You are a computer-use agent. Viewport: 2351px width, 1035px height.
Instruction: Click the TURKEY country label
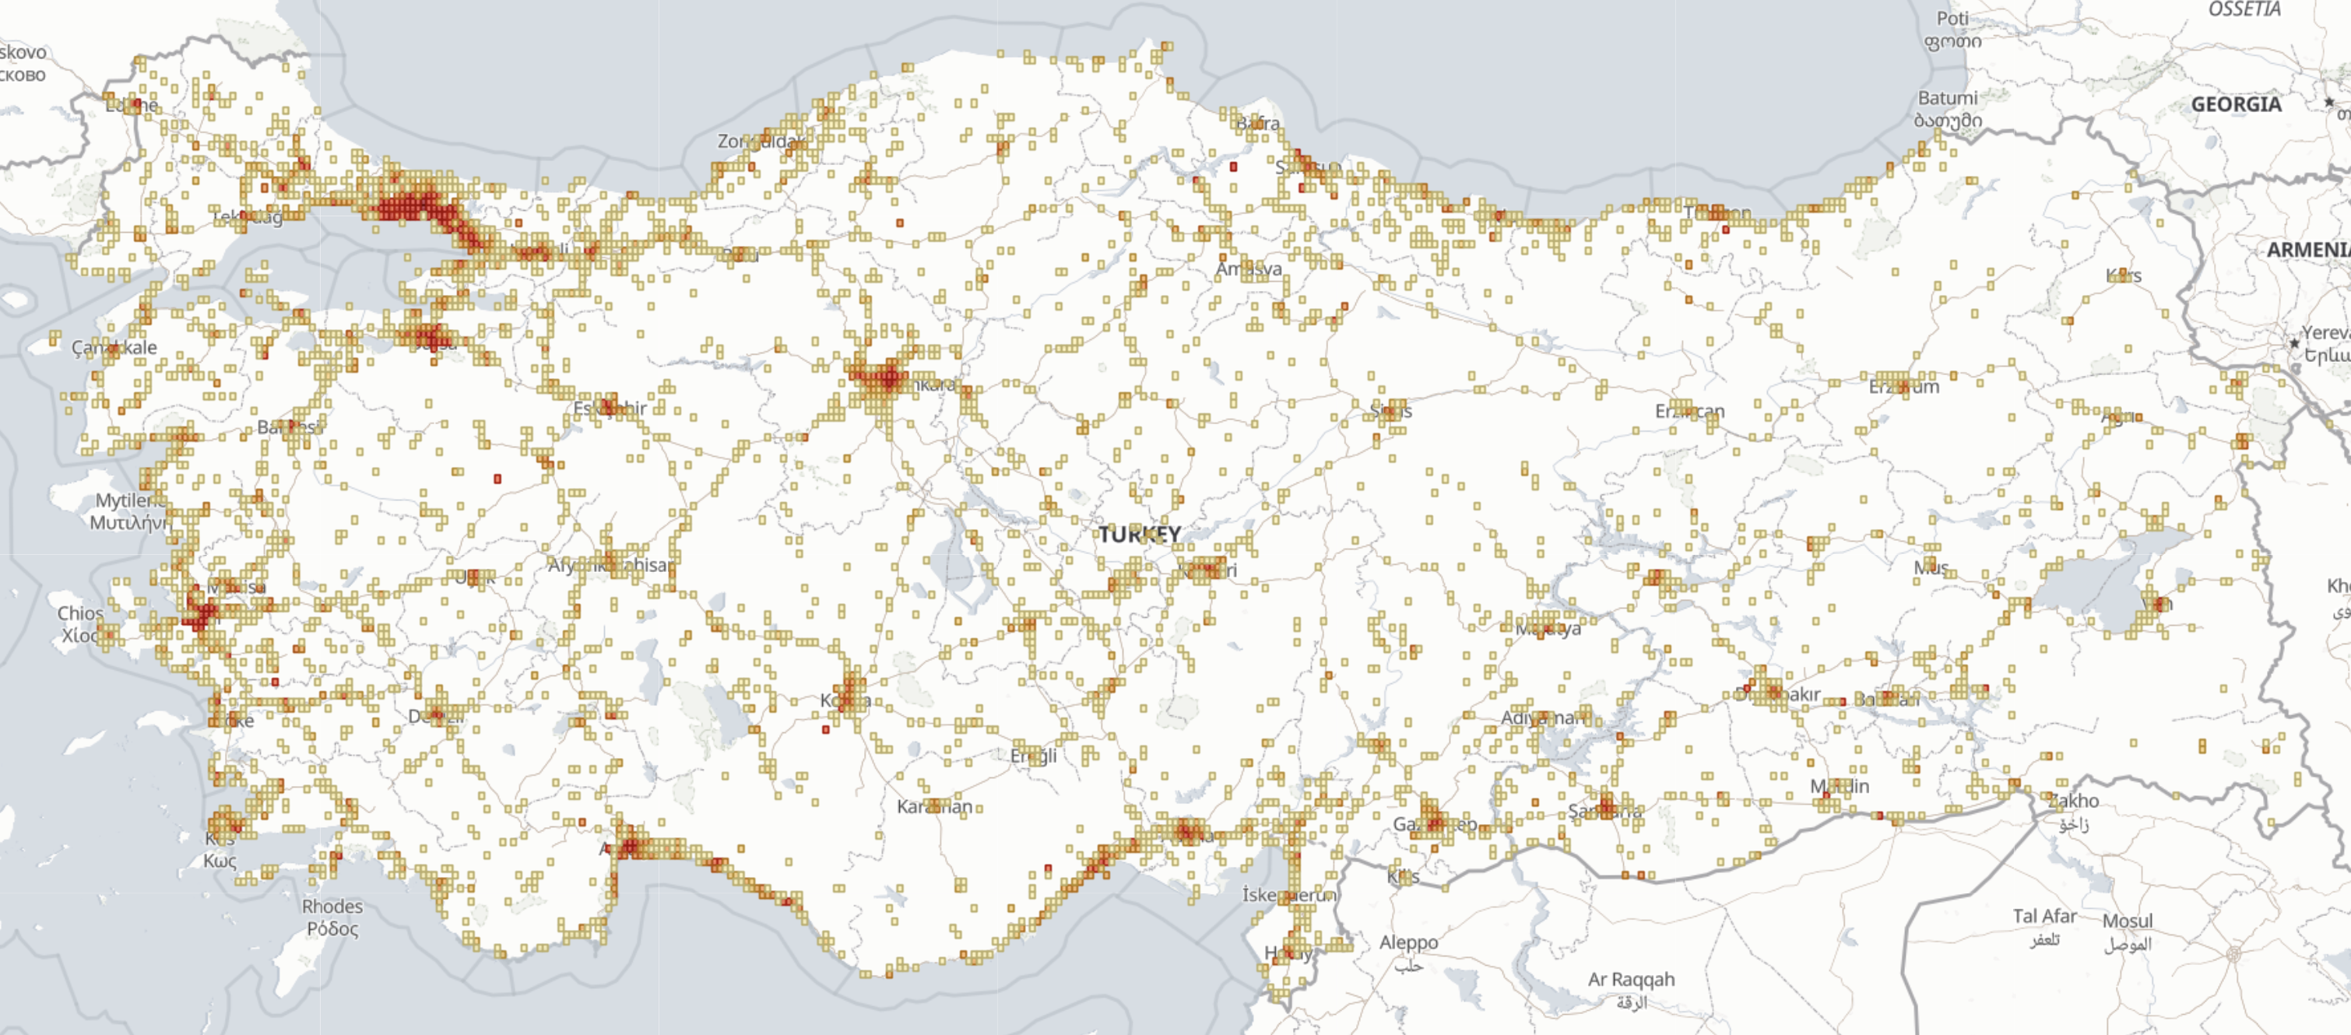(x=1139, y=534)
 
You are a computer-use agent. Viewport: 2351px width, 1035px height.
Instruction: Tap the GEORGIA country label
(x=2236, y=104)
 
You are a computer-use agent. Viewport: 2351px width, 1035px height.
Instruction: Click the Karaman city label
(x=934, y=807)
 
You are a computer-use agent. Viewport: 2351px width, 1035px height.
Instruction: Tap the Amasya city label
(x=1249, y=269)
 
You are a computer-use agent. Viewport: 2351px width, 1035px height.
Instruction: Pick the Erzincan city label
(x=1689, y=411)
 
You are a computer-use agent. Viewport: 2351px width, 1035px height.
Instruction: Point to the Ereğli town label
(x=1033, y=756)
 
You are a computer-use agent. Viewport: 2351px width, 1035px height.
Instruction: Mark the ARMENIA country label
(x=2307, y=250)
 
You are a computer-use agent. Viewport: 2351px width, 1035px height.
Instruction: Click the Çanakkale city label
(x=114, y=348)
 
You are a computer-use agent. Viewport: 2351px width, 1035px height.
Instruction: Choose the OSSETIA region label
(x=2244, y=9)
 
